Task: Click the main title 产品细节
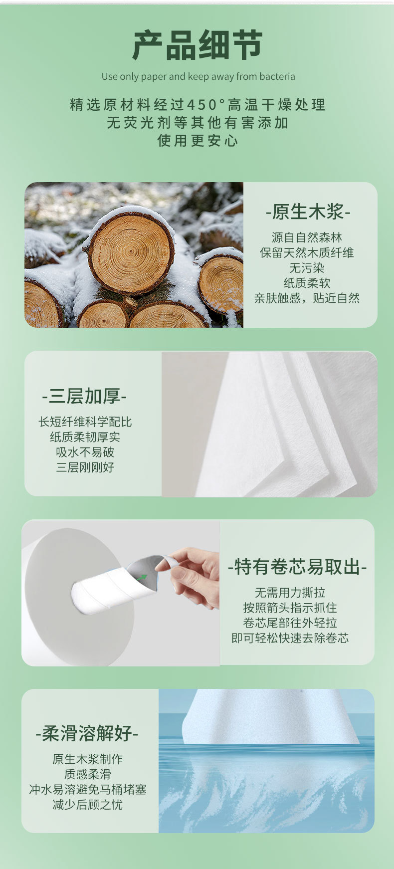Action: (197, 45)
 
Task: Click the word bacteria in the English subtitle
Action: (277, 77)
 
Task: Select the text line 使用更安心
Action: (197, 141)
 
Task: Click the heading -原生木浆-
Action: (308, 212)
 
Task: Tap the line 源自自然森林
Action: (307, 237)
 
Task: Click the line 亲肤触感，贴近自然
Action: (307, 298)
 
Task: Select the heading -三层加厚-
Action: (84, 396)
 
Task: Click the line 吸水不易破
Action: (85, 452)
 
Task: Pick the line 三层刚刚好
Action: (85, 467)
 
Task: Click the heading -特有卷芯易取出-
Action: (297, 567)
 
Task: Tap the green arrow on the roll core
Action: (142, 578)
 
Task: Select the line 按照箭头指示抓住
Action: (290, 608)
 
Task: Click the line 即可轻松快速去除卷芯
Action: (290, 638)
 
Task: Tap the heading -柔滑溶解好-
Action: (87, 733)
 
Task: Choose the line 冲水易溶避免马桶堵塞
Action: (87, 790)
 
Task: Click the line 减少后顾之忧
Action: (87, 805)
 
